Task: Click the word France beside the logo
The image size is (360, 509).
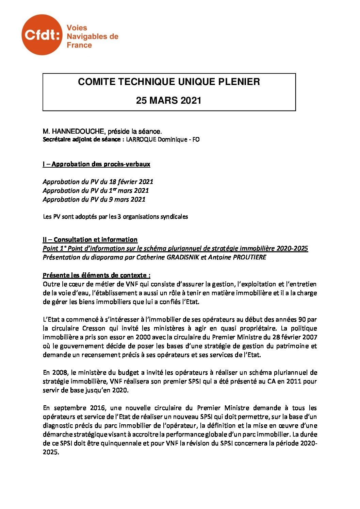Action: tap(79, 45)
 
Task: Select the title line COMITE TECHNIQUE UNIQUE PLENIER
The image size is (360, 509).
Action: tap(169, 82)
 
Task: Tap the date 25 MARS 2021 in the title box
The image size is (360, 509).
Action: tap(169, 101)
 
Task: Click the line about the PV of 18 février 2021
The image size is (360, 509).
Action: tap(98, 182)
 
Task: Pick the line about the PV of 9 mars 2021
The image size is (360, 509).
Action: tap(94, 200)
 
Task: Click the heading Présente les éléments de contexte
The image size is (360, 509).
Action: tap(97, 275)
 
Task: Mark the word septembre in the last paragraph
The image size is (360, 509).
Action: tap(69, 408)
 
